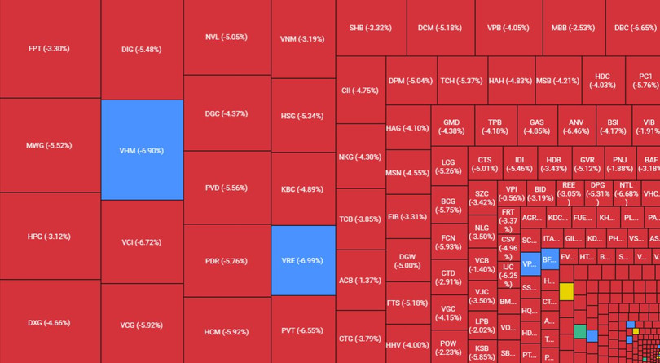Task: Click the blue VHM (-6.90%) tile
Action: [x=142, y=150]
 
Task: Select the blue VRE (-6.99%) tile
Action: [x=302, y=260]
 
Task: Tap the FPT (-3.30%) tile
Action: [x=49, y=49]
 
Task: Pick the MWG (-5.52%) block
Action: [x=49, y=145]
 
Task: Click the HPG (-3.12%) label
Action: [x=49, y=237]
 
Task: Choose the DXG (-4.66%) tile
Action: [x=49, y=323]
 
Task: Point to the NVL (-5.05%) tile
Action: [x=227, y=38]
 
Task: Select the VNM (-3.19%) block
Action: [x=302, y=39]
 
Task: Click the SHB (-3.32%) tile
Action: [x=370, y=28]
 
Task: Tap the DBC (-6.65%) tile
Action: [x=636, y=28]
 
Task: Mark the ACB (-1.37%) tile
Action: [x=359, y=281]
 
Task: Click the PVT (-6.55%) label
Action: [x=302, y=330]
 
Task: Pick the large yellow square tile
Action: [x=566, y=292]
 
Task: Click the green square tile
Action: [x=579, y=331]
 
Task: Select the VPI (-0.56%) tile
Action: [x=512, y=193]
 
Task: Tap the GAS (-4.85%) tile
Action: [x=536, y=126]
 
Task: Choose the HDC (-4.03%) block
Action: [x=602, y=81]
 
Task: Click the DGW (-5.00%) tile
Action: [x=407, y=261]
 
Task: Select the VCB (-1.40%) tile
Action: [x=482, y=265]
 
